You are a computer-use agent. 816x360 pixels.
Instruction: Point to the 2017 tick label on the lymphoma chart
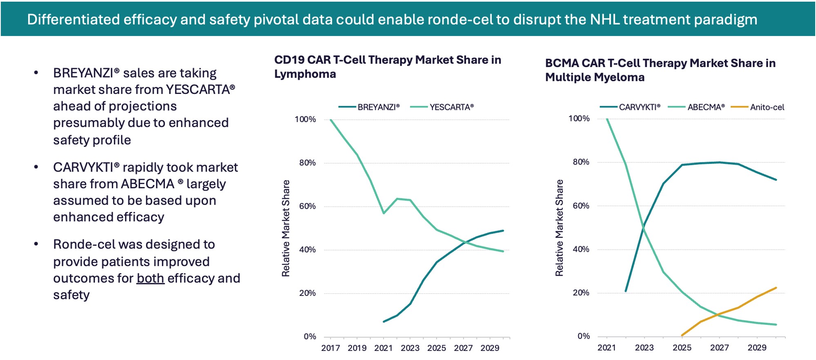tap(330, 348)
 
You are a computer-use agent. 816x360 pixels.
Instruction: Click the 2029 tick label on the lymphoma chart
tap(490, 348)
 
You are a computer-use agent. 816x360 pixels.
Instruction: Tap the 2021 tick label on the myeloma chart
tap(606, 348)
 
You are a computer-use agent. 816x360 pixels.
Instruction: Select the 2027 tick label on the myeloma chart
tap(719, 348)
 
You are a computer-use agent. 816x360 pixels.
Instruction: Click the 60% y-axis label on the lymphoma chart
tap(307, 207)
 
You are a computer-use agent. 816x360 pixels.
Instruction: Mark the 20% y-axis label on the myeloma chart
tap(581, 293)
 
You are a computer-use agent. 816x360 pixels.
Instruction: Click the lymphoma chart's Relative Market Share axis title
tap(286, 228)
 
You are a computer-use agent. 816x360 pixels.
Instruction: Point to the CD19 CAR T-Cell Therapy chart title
tap(387, 67)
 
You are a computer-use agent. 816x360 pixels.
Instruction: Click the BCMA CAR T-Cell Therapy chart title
tap(660, 70)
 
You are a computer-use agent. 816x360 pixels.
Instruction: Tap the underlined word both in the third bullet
tap(150, 278)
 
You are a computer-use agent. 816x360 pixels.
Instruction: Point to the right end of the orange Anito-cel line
tap(776, 288)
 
